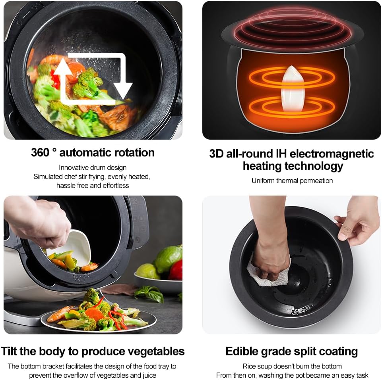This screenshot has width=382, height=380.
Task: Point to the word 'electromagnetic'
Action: pyautogui.click(x=332, y=154)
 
